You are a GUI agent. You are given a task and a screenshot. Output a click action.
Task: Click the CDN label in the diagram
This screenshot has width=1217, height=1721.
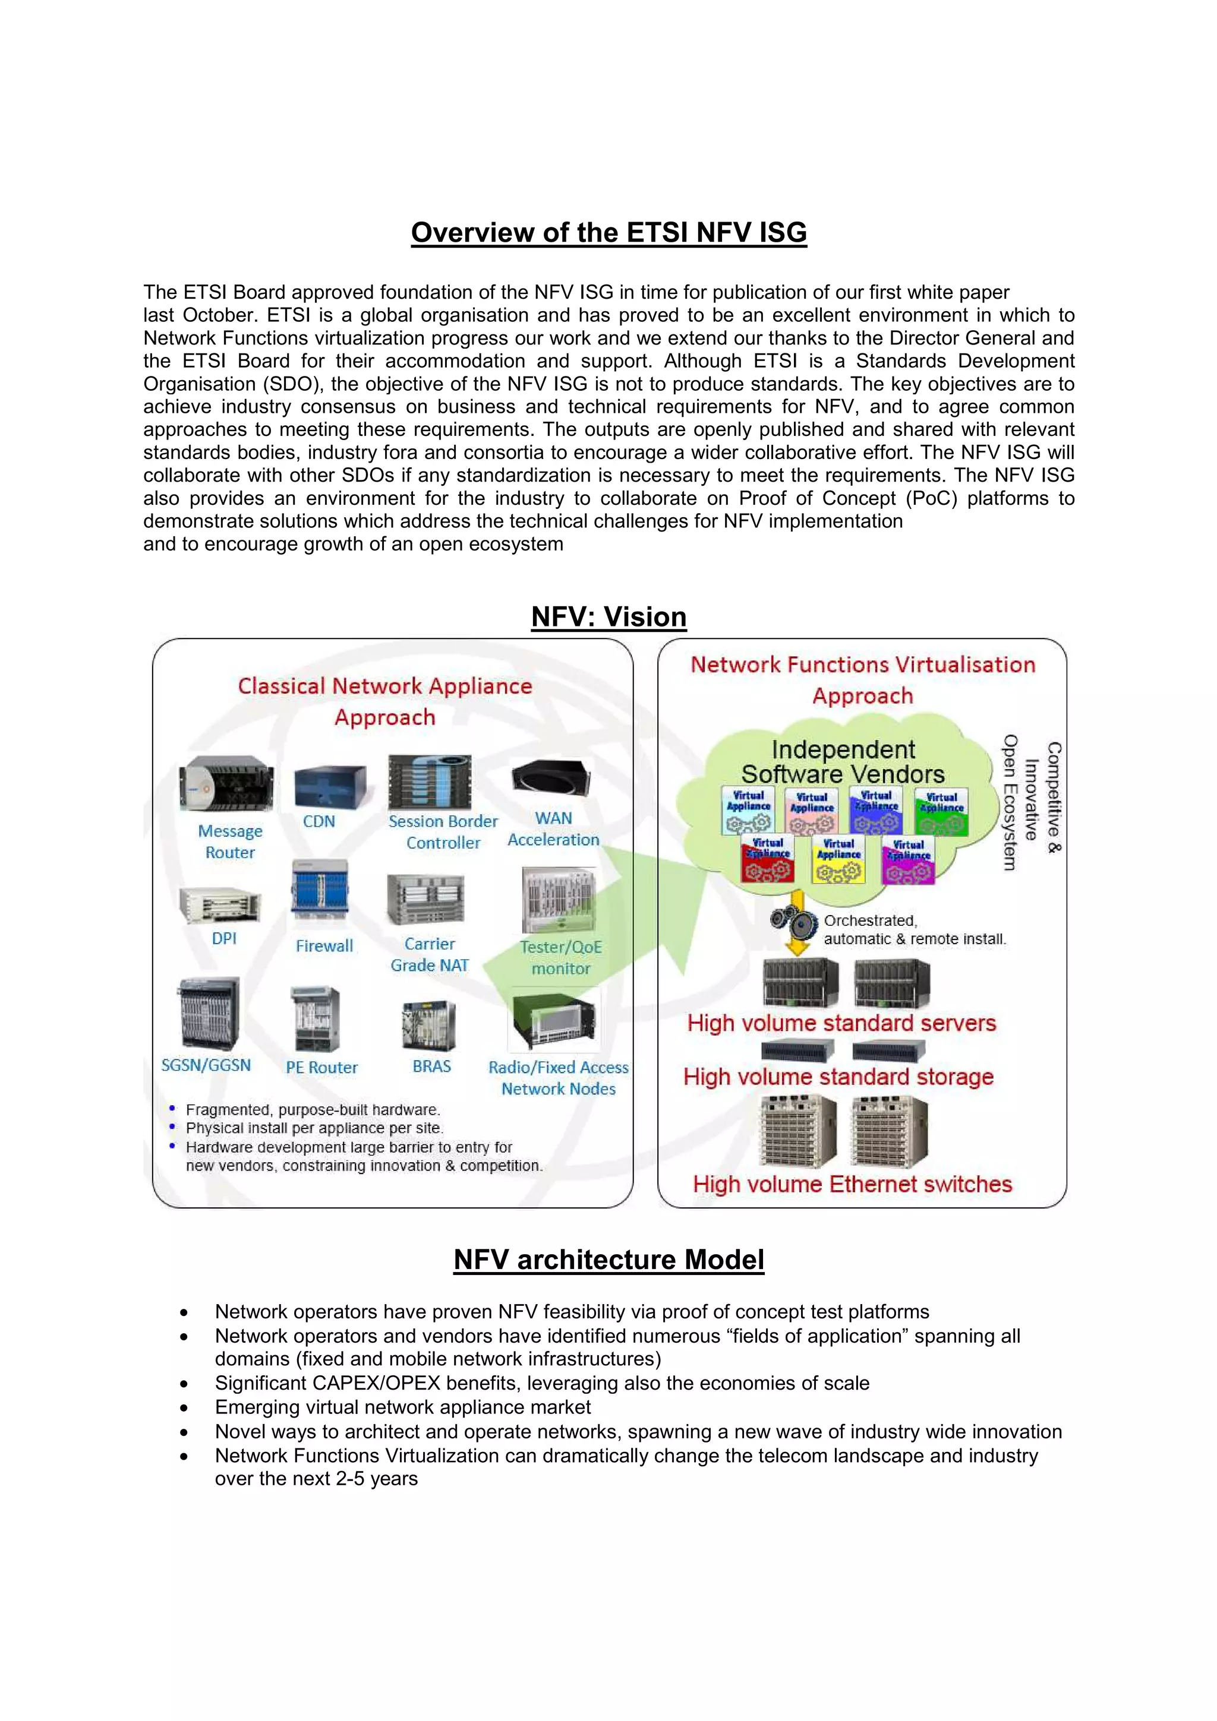(319, 821)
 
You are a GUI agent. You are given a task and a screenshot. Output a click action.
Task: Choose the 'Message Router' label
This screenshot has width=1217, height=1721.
(229, 841)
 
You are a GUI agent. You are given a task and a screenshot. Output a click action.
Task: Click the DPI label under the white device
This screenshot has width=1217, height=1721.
(223, 938)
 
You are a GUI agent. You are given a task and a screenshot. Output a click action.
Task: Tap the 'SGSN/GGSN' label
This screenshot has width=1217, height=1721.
(206, 1065)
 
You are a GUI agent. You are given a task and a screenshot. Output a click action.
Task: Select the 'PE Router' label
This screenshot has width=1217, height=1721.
(321, 1067)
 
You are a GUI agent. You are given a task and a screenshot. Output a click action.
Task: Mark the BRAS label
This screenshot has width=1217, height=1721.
(431, 1066)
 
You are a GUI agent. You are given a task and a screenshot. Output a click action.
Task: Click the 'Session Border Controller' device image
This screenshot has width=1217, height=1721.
(430, 782)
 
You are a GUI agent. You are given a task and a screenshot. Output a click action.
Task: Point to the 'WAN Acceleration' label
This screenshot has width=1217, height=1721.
(553, 829)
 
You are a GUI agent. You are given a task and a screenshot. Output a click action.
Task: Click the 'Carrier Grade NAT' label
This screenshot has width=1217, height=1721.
(430, 954)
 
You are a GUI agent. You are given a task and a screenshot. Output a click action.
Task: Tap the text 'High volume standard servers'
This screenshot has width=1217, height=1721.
(841, 1023)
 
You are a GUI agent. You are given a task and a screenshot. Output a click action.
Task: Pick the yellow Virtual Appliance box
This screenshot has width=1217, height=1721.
(838, 860)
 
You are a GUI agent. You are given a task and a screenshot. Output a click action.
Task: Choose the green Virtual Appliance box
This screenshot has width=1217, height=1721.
(941, 812)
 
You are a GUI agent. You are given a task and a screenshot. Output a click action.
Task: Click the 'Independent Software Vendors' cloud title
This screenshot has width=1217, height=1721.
(843, 761)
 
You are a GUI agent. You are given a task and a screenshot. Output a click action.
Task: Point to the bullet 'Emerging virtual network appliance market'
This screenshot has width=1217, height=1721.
(403, 1407)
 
